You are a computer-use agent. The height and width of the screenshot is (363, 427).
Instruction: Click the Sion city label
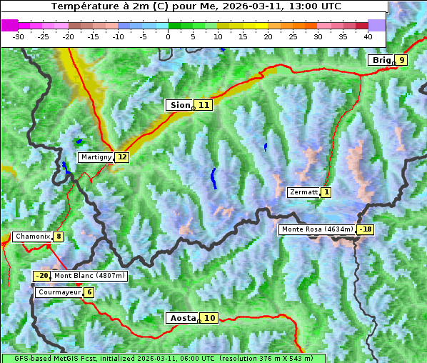(x=179, y=105)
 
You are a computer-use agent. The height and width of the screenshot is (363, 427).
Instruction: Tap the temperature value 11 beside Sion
(x=204, y=105)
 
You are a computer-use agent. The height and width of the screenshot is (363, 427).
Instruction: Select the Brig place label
(x=381, y=60)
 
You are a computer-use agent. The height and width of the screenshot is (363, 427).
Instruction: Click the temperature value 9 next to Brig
(x=401, y=60)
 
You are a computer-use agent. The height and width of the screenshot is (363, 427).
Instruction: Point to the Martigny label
(x=96, y=157)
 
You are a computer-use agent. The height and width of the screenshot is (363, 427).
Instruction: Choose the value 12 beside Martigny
(x=122, y=157)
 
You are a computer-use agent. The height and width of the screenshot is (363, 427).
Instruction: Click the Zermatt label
(x=303, y=192)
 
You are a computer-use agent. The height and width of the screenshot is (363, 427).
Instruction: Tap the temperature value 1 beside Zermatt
(x=326, y=192)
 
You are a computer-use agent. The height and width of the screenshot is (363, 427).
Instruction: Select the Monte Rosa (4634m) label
(x=317, y=229)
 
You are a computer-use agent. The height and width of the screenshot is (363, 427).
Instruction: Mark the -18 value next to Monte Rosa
(x=366, y=229)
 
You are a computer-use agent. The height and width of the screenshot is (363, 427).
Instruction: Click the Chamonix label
(x=31, y=237)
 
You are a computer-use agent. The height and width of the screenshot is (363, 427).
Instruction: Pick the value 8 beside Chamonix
(x=58, y=237)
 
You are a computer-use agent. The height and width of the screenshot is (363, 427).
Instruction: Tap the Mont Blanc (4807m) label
(x=89, y=276)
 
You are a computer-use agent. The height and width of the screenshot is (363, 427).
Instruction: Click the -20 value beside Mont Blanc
(x=41, y=276)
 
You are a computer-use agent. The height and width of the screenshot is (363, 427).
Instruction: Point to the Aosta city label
(x=181, y=318)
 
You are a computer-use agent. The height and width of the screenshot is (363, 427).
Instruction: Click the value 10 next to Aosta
(x=209, y=318)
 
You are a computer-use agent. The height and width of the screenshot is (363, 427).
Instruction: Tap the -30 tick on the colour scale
(x=19, y=36)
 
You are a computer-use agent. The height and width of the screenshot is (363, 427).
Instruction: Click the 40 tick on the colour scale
(x=368, y=36)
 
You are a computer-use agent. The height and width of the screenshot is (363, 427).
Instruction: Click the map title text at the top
(x=196, y=6)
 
